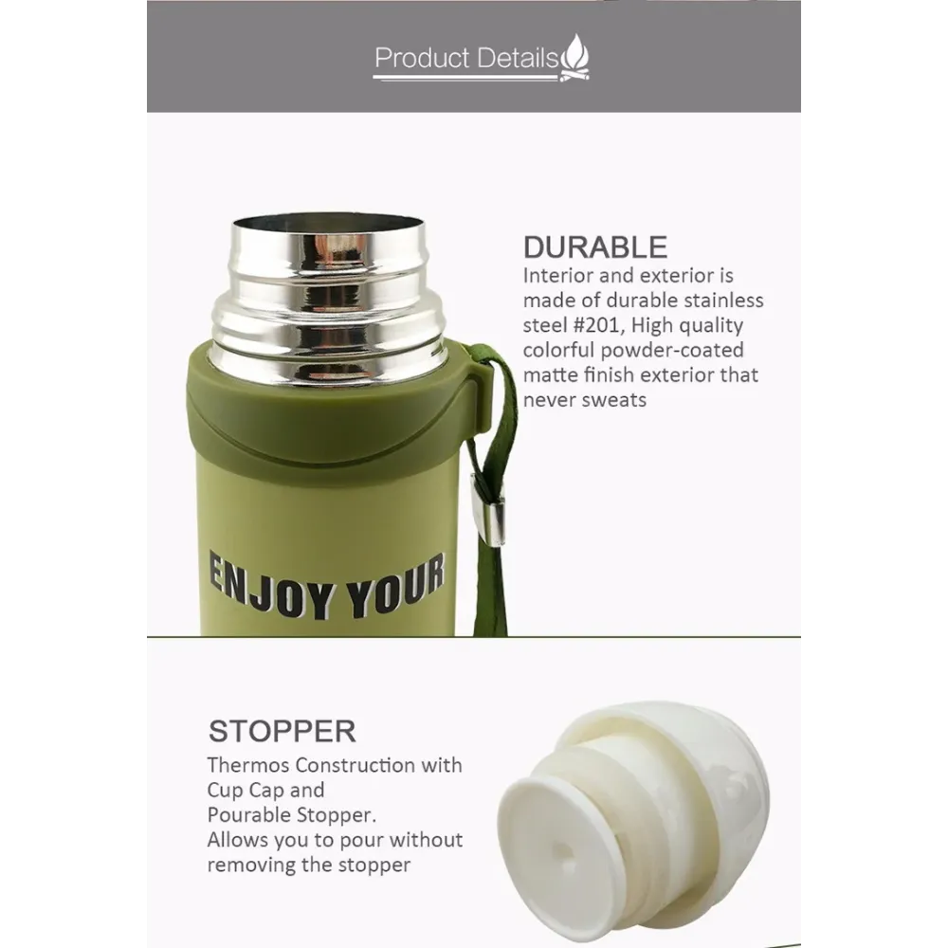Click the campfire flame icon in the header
point(574,58)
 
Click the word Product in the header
point(422,58)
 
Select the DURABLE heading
point(595,247)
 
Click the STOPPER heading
point(282,731)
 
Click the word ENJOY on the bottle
point(270,586)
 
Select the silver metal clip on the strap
point(488,510)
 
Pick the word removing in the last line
point(251,866)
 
